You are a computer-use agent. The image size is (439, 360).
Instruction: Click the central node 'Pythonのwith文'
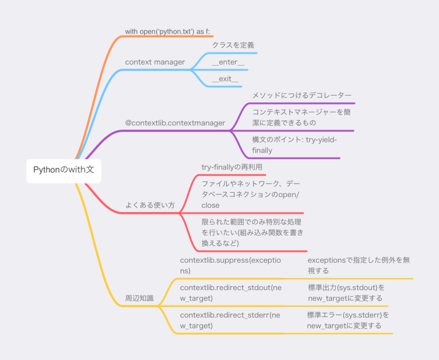click(64, 170)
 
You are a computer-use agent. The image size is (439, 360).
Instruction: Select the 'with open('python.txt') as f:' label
click(168, 31)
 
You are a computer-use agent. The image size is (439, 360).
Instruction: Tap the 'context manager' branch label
click(155, 62)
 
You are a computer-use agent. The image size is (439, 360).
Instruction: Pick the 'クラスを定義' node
click(233, 45)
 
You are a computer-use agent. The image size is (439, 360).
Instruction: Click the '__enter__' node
click(228, 62)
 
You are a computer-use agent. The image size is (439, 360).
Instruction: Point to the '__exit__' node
click(225, 79)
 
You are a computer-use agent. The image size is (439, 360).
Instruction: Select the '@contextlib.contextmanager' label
click(175, 123)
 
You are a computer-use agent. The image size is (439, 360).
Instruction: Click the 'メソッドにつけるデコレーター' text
click(302, 96)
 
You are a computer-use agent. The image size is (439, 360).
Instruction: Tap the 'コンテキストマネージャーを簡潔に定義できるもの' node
click(301, 117)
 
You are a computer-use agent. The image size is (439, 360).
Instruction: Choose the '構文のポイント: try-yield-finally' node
click(295, 145)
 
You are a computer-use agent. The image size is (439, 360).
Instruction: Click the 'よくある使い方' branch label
click(150, 205)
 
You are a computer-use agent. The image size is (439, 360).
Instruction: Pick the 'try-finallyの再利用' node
click(232, 167)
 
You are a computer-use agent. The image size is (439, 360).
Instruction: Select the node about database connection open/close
click(251, 195)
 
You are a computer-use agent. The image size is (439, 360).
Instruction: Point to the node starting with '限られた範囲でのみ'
click(253, 233)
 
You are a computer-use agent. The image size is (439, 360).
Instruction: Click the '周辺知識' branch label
click(139, 298)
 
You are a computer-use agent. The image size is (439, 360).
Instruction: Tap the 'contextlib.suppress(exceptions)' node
click(230, 265)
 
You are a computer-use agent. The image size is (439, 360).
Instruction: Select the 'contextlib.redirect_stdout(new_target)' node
click(231, 293)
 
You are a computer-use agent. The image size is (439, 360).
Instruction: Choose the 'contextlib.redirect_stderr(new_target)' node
click(230, 320)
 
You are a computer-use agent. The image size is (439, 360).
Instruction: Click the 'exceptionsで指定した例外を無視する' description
click(359, 265)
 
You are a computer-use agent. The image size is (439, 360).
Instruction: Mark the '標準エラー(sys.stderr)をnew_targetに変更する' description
click(348, 320)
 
